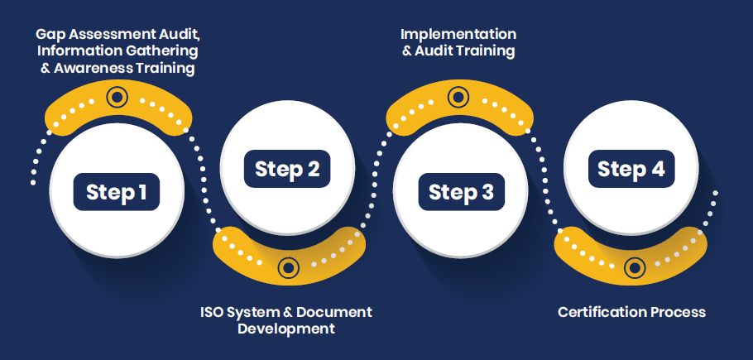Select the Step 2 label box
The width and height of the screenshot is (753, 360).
tap(287, 169)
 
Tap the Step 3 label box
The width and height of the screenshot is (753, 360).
tap(461, 192)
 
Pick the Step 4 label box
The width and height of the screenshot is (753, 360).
tap(631, 169)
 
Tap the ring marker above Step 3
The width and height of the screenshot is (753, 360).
tap(458, 98)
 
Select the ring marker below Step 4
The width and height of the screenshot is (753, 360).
tap(634, 267)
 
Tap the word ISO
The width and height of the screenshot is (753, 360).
tap(213, 312)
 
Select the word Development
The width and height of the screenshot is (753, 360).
tap(286, 329)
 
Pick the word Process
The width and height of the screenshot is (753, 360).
tap(679, 312)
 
